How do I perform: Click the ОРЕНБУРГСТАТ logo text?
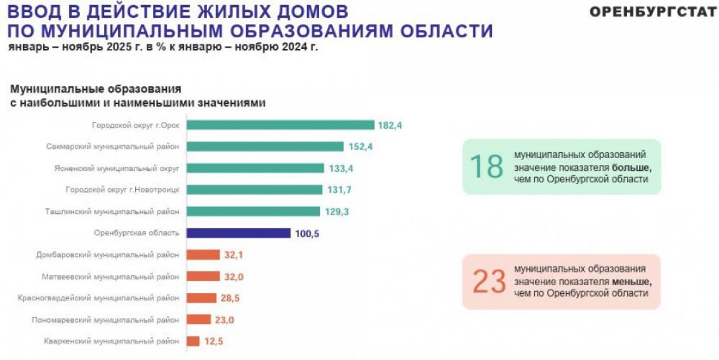click(x=653, y=13)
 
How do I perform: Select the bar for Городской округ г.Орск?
click(x=281, y=125)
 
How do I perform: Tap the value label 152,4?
click(x=361, y=147)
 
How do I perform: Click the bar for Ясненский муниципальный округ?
click(x=256, y=168)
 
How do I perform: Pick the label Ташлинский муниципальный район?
click(x=113, y=212)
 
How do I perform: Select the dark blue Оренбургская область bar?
click(x=239, y=233)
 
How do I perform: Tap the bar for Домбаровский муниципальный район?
click(x=204, y=255)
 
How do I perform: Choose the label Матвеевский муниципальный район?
click(x=110, y=277)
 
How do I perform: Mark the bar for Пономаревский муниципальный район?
click(x=199, y=320)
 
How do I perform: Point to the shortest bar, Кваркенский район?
click(x=193, y=342)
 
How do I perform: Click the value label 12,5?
click(x=213, y=342)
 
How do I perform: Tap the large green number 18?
click(x=487, y=166)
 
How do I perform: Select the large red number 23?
click(x=489, y=282)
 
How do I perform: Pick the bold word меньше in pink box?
click(x=631, y=282)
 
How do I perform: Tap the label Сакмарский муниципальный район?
click(x=113, y=147)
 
